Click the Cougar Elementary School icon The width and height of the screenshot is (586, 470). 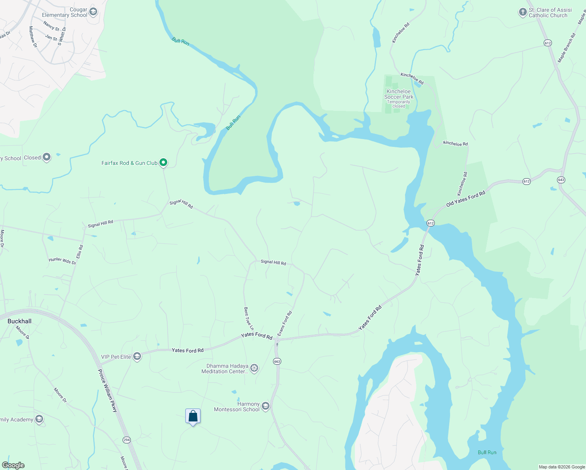93,12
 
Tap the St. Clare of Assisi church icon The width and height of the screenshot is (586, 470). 523,12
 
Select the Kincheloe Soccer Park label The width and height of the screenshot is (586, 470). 399,94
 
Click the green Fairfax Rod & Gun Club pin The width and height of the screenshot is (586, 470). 164,162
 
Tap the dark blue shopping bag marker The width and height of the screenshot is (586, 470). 193,416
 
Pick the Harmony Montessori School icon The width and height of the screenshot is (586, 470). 266,406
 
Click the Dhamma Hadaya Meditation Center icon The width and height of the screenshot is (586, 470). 254,368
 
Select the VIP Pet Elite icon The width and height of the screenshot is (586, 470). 137,356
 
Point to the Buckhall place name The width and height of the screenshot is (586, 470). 20,321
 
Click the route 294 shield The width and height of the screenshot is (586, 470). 127,440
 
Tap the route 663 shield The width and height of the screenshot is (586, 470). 277,361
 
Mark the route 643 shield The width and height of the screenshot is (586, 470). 561,180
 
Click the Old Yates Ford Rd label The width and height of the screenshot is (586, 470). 466,199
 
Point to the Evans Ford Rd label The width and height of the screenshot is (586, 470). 285,324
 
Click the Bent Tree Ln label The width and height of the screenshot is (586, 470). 249,318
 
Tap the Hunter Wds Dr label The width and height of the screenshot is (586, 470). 62,261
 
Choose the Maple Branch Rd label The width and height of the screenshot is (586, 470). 567,47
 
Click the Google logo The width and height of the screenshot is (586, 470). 13,465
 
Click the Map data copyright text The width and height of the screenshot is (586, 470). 561,467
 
